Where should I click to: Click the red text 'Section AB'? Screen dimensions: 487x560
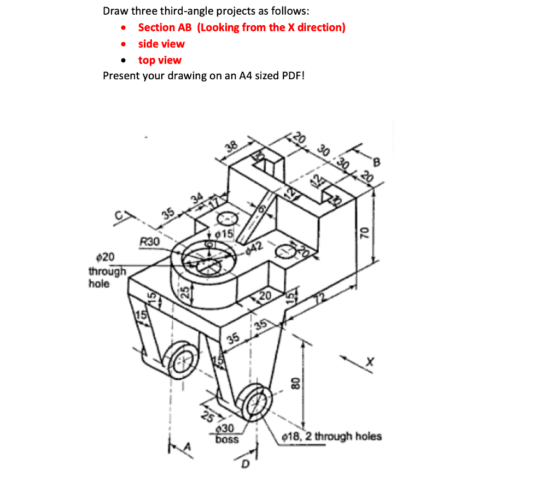point(165,27)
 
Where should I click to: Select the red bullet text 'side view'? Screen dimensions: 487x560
point(161,44)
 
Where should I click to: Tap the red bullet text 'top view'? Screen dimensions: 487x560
point(160,60)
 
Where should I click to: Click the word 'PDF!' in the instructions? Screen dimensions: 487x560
point(293,75)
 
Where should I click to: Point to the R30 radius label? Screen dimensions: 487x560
point(149,241)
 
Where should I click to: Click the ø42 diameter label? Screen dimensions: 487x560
point(255,247)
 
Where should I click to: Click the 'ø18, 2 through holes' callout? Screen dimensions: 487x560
point(331,436)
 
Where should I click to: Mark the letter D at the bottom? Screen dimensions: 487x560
point(246,465)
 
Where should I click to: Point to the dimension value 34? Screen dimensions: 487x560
point(199,197)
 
